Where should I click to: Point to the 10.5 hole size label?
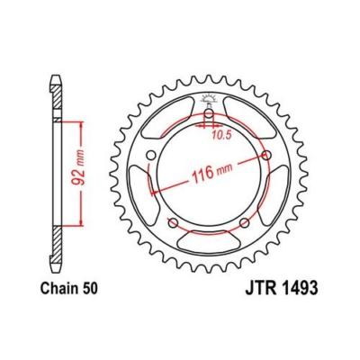(222, 136)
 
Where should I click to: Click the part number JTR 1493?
(282, 288)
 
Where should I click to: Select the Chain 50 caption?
(69, 288)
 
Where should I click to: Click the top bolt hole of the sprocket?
(209, 113)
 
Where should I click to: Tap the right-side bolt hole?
(266, 156)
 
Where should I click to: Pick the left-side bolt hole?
(150, 156)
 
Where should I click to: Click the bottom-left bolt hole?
(173, 223)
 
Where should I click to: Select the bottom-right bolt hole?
(245, 223)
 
